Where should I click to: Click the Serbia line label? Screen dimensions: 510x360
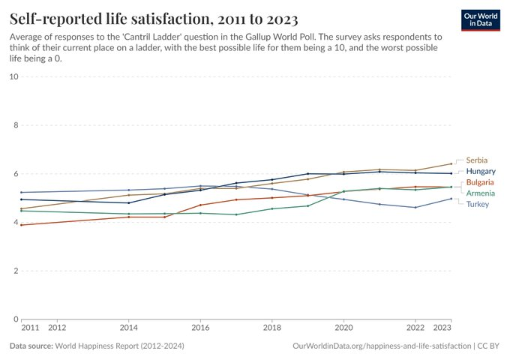(476, 160)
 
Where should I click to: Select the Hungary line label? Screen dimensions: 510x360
(481, 171)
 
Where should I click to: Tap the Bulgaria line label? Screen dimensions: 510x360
(480, 182)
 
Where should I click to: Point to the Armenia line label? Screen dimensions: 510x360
(481, 193)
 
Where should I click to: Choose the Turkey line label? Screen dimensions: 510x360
(478, 204)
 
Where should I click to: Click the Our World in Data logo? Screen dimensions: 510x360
(481, 20)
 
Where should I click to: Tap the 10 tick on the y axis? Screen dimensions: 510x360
(14, 76)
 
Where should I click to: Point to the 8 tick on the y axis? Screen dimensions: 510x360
(16, 125)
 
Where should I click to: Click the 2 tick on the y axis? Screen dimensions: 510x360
(16, 271)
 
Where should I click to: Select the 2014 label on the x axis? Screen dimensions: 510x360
(128, 328)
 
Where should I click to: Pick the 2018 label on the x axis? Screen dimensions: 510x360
(272, 328)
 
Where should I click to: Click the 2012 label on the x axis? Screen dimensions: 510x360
(57, 328)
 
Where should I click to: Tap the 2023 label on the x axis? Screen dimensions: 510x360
(442, 328)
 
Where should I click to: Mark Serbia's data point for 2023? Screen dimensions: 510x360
(451, 163)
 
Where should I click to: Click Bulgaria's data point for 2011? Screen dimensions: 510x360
(22, 225)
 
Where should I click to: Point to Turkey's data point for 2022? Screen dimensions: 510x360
(415, 208)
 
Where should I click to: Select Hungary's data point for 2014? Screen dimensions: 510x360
(129, 203)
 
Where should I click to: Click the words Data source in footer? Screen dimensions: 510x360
(31, 346)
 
